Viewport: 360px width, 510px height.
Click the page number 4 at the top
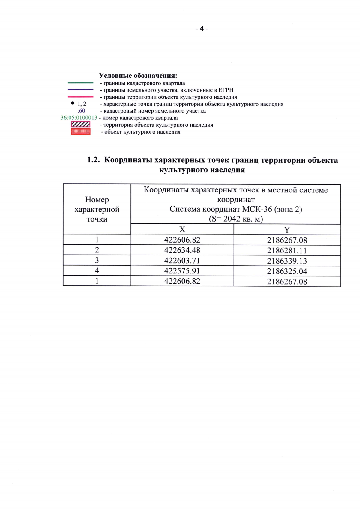[202, 29]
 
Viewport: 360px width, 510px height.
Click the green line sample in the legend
[80, 83]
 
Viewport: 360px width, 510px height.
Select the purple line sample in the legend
[80, 90]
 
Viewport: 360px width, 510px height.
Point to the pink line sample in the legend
[80, 97]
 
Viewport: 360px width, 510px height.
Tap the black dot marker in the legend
[73, 103]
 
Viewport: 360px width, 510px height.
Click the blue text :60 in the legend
[81, 111]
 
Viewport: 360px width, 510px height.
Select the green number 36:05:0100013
[79, 118]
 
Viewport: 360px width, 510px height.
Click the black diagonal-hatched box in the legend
[80, 124]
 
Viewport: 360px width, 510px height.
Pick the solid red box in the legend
[80, 131]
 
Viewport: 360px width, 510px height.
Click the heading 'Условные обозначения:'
[138, 75]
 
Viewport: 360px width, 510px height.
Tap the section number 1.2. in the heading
[93, 160]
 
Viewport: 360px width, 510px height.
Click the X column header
[182, 230]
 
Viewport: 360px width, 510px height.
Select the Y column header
[287, 230]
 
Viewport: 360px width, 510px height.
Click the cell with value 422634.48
[182, 250]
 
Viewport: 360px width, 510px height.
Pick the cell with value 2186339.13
[287, 261]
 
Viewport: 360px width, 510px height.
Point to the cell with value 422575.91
[182, 271]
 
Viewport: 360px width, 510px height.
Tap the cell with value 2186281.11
[287, 251]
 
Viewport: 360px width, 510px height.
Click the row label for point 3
[97, 260]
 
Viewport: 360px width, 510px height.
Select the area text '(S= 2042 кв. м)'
[236, 219]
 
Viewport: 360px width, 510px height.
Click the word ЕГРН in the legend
[226, 90]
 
